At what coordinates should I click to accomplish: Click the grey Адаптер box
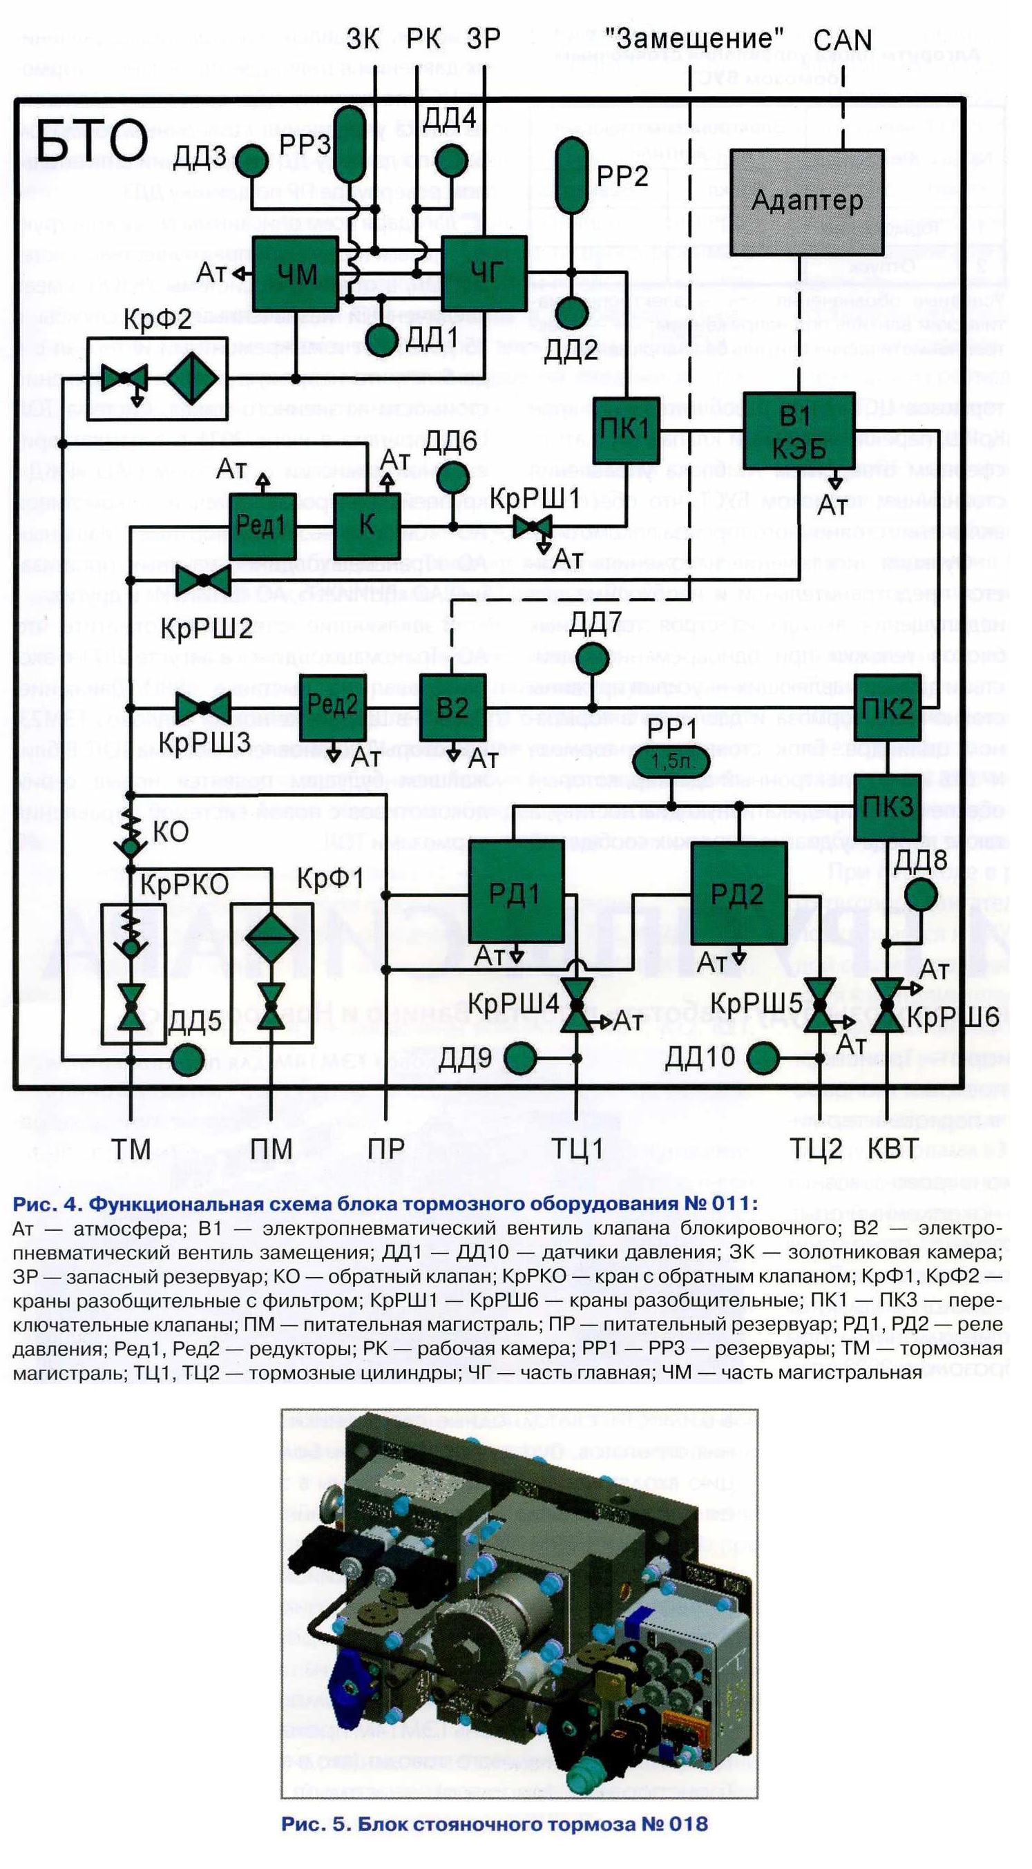(805, 202)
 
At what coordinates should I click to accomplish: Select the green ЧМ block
(296, 273)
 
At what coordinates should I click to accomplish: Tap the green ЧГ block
(484, 273)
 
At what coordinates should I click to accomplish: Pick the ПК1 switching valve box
(627, 430)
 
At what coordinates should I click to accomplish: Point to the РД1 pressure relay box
(516, 893)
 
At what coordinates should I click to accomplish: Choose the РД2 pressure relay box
(737, 893)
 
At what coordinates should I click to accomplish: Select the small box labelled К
(367, 526)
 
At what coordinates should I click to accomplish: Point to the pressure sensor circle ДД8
(921, 894)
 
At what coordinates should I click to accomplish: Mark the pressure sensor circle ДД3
(253, 160)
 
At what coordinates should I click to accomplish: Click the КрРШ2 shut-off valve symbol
(204, 580)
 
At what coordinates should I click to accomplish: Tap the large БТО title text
(91, 142)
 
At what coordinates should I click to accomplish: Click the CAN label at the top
(843, 41)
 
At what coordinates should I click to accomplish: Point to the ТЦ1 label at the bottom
(578, 1149)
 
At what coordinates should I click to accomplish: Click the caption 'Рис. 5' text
(494, 1824)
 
